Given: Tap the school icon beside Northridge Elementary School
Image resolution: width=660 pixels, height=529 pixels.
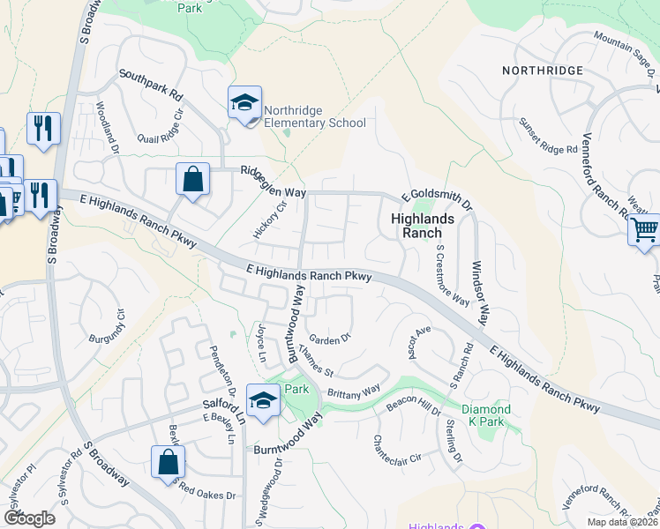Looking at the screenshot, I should point(244,104).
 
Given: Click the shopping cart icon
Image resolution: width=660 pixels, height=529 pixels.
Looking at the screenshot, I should point(645,231).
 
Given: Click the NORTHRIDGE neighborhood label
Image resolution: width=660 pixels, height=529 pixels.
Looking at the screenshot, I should point(542,71).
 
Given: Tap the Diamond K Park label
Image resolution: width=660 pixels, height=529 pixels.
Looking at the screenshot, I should point(486,415).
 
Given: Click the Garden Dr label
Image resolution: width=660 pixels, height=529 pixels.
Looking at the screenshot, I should point(330,337).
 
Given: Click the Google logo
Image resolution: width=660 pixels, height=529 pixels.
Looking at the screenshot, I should point(29,518).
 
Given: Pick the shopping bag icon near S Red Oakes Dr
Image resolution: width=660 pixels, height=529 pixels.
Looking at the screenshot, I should point(168,462).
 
